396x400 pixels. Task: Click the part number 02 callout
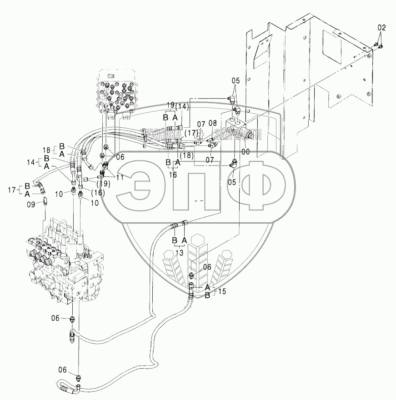(x=381, y=28)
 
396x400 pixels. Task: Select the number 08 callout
(x=212, y=123)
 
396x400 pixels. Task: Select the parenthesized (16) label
(x=97, y=192)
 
